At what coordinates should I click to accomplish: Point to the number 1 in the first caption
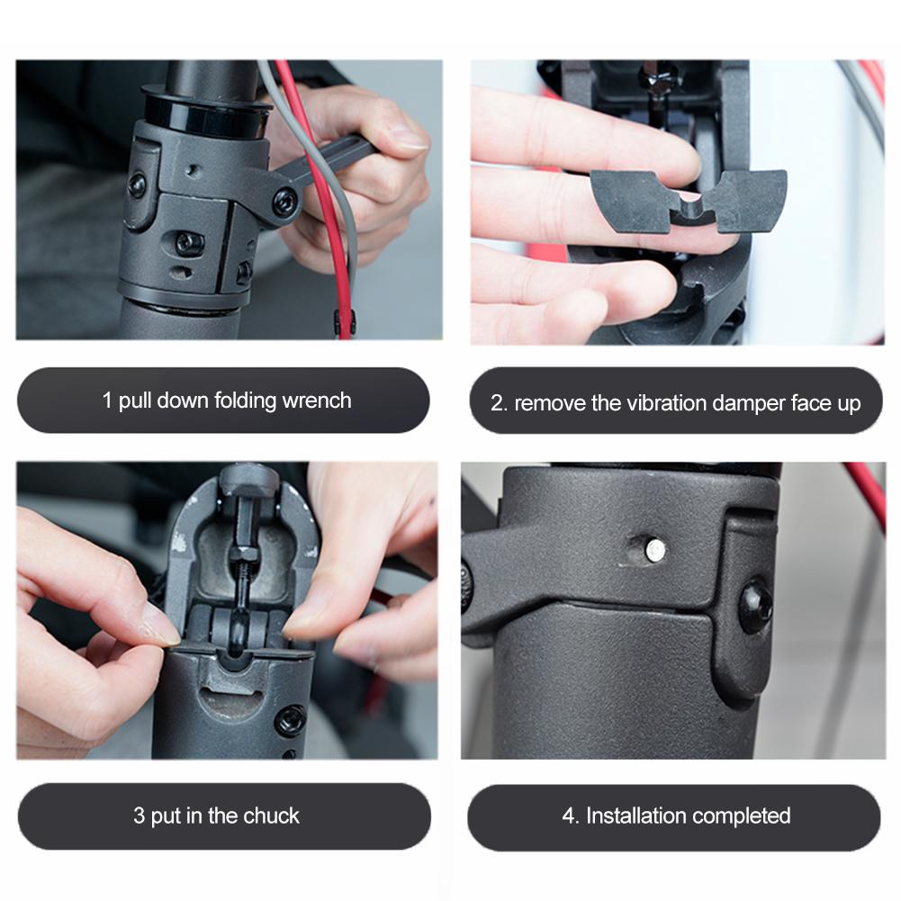pyautogui.click(x=108, y=401)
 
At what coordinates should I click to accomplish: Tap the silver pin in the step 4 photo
pyautogui.click(x=655, y=546)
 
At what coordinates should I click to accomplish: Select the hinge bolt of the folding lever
pyautogui.click(x=285, y=201)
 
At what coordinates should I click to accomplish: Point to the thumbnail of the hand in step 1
pyautogui.click(x=406, y=137)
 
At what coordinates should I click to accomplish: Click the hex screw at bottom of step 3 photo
pyautogui.click(x=291, y=719)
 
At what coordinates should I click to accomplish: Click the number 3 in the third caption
pyautogui.click(x=139, y=816)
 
